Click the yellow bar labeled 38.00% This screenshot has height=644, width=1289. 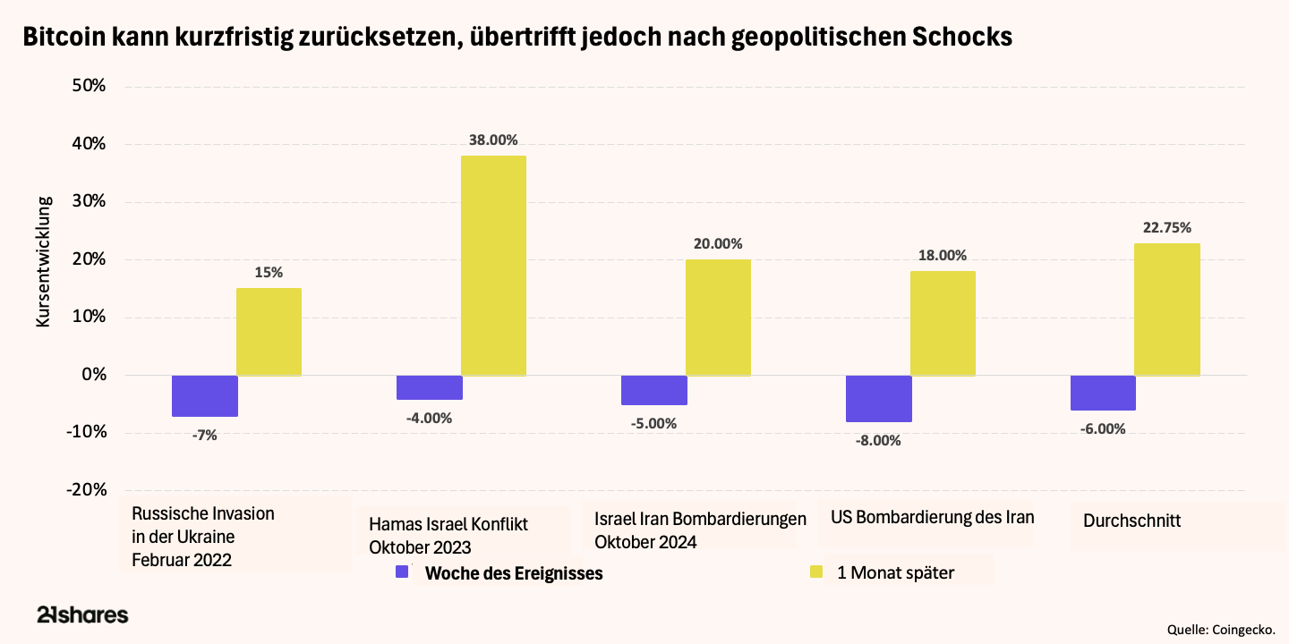493,266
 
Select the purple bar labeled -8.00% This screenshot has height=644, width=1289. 878,398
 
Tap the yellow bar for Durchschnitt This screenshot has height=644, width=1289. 1166,309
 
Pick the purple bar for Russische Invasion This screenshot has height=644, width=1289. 204,395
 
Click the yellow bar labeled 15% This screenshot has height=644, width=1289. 269,332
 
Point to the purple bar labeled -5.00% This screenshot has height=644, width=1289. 653,390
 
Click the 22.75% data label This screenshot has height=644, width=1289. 1166,227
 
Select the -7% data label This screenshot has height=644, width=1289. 204,435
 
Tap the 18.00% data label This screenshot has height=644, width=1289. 942,255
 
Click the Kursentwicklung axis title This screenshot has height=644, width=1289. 44,261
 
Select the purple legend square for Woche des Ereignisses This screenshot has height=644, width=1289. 402,572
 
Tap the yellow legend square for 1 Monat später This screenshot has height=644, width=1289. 815,572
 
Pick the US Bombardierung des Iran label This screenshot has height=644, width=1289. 932,517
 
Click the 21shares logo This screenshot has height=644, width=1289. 82,614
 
